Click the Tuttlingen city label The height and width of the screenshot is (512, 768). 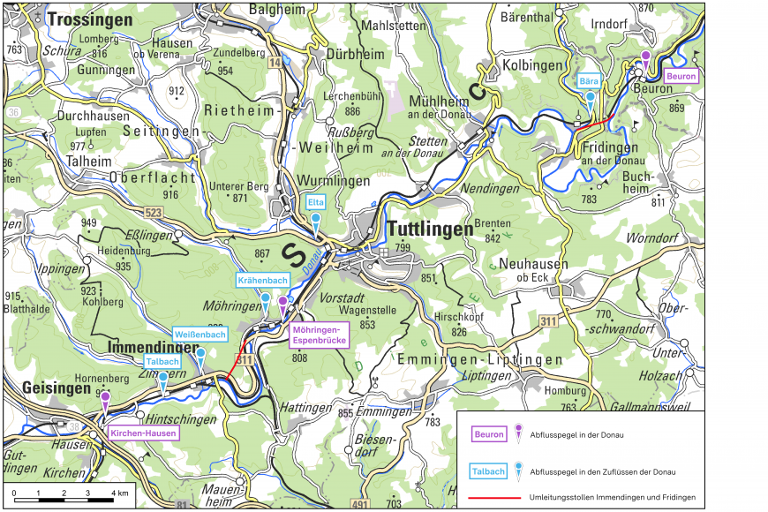tap(430, 230)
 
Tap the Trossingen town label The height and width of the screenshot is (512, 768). tap(90, 19)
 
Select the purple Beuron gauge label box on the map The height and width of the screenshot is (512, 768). tap(681, 77)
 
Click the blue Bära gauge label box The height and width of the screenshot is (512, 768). tap(590, 80)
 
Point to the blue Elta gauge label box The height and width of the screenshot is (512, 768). tap(316, 202)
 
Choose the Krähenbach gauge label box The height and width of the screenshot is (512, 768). tap(262, 281)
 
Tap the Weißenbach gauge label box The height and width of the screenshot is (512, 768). tap(200, 335)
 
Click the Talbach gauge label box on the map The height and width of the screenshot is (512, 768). tap(162, 362)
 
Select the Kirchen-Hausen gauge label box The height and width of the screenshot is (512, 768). tap(144, 433)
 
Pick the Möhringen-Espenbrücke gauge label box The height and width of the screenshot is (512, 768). tap(319, 334)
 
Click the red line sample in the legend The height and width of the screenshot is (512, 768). tap(489, 498)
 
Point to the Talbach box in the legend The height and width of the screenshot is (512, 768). tap(488, 471)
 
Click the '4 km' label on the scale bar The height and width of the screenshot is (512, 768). tap(119, 492)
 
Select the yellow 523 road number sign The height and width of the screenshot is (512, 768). tap(153, 213)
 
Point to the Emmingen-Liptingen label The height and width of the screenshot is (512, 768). tap(479, 360)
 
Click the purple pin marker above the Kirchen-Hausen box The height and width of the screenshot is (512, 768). tap(105, 399)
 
